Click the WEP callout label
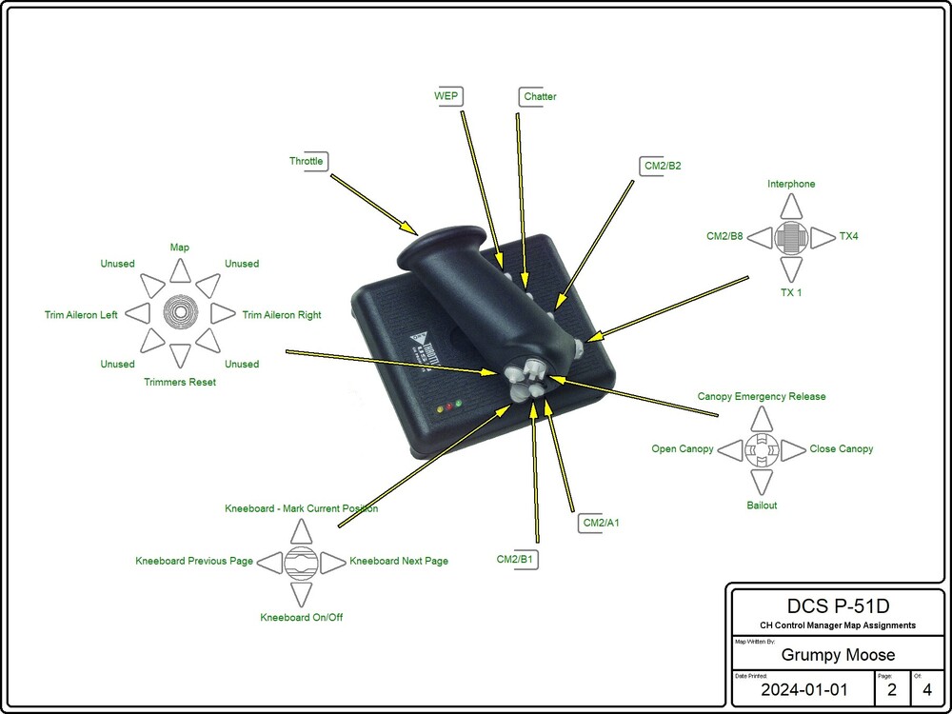[x=446, y=96]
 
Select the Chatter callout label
[x=540, y=96]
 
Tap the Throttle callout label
[x=307, y=161]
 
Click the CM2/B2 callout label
[x=663, y=166]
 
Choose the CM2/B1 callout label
[x=515, y=559]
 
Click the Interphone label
[x=791, y=184]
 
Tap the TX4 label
[x=848, y=235]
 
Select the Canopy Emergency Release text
[x=762, y=396]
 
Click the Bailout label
[x=762, y=506]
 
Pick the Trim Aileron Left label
[x=81, y=315]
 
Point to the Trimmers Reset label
[x=180, y=383]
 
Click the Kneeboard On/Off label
[x=302, y=618]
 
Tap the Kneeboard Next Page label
[x=399, y=562]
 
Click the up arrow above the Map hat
[x=180, y=271]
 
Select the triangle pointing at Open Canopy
[x=730, y=449]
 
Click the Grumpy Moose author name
[x=837, y=655]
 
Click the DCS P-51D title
[x=838, y=606]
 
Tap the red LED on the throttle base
[x=448, y=407]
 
